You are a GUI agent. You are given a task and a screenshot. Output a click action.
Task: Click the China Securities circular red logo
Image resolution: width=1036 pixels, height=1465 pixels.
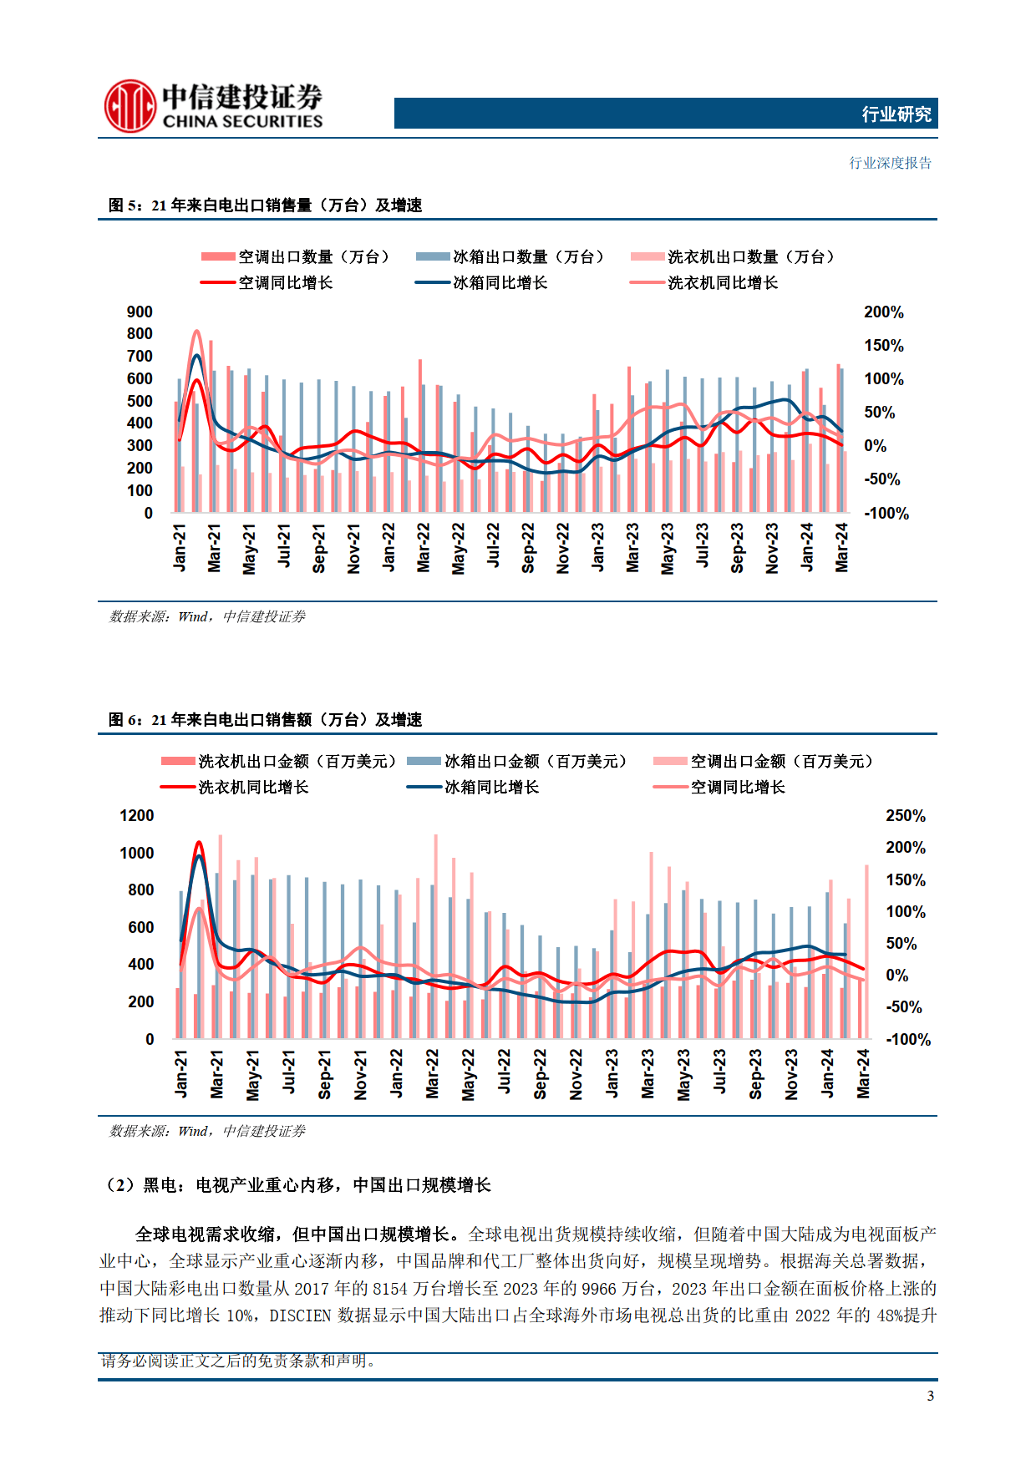pyautogui.click(x=129, y=106)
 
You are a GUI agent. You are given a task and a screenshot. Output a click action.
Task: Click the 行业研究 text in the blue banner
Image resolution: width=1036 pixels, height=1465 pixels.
pyautogui.click(x=896, y=114)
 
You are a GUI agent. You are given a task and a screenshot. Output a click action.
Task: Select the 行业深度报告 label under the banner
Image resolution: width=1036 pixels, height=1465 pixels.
pyautogui.click(x=890, y=163)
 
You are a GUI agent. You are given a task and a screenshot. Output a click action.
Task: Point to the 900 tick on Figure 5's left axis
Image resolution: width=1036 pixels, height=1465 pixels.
pyautogui.click(x=140, y=312)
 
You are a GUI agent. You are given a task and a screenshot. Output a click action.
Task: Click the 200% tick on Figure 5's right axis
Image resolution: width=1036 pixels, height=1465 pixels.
pyautogui.click(x=883, y=312)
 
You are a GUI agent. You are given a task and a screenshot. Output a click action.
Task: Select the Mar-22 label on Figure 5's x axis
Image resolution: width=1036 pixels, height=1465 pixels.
pyautogui.click(x=424, y=548)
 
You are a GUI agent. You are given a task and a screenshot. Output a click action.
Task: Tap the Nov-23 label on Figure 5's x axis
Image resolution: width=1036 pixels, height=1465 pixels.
pyautogui.click(x=772, y=548)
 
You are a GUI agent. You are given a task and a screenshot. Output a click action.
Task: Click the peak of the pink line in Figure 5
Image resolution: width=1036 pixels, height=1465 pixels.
pyautogui.click(x=197, y=332)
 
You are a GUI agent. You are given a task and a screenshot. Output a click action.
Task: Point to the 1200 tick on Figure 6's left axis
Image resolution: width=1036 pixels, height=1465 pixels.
pyautogui.click(x=136, y=815)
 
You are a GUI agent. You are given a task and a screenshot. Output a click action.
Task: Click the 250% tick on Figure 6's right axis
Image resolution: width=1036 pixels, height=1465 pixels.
pyautogui.click(x=905, y=815)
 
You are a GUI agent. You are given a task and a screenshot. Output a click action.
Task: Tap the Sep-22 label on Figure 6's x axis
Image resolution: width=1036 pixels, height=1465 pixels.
pyautogui.click(x=541, y=1074)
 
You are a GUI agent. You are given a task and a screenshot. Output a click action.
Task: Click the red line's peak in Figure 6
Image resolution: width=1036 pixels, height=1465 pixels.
pyautogui.click(x=199, y=843)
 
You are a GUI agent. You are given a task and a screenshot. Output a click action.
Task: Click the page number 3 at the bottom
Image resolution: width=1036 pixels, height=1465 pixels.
pyautogui.click(x=930, y=1396)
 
